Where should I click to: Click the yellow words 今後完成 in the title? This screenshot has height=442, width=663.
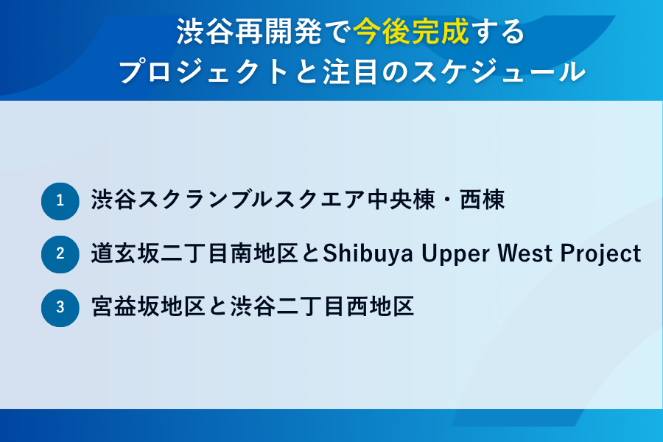pos(410,33)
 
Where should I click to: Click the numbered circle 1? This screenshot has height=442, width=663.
pos(60,200)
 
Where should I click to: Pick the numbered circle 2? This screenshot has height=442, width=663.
pos(60,254)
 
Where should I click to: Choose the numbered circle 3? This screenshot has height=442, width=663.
pos(60,307)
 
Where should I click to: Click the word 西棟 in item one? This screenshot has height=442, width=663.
pos(483,200)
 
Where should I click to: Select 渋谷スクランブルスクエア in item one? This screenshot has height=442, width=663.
pos(228,200)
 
